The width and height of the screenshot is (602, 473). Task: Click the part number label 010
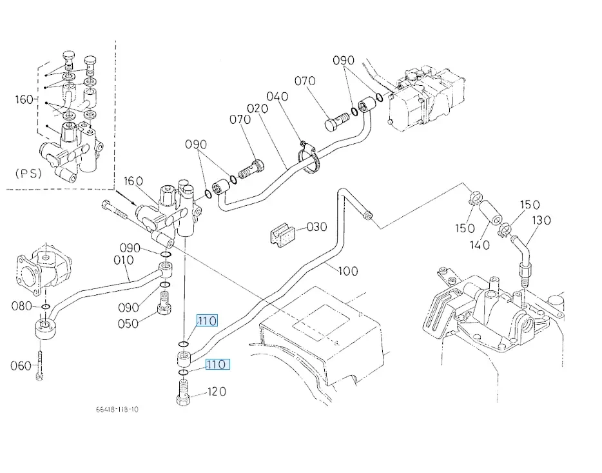[x=122, y=261]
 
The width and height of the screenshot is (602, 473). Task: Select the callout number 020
[x=257, y=109]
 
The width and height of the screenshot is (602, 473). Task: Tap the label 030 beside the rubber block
[x=316, y=227]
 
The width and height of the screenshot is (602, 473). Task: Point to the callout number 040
[x=277, y=97]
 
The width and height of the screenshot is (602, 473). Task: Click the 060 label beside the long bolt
[x=21, y=366]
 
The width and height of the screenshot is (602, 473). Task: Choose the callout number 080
[x=21, y=306]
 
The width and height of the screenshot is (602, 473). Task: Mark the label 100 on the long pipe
[x=347, y=271]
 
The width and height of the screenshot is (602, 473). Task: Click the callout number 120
[x=216, y=392]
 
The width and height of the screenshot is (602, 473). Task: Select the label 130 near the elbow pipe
[x=541, y=221]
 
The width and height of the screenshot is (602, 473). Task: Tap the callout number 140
[x=480, y=245]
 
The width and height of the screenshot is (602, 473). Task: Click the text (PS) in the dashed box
[x=28, y=174]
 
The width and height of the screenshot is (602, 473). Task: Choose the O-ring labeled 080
[x=45, y=306]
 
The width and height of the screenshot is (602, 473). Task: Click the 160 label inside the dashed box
[x=23, y=99]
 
